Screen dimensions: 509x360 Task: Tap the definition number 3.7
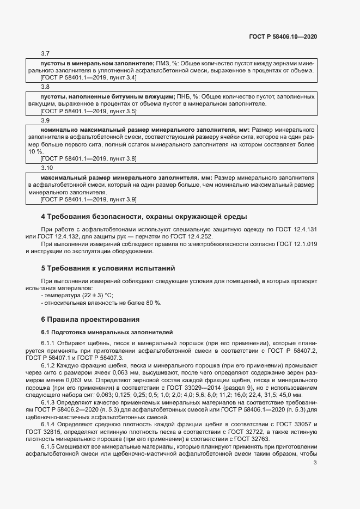(45, 53)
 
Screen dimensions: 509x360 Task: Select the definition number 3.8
(45, 87)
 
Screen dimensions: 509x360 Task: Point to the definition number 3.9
(45, 120)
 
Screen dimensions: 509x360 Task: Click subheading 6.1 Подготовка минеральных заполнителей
(107, 332)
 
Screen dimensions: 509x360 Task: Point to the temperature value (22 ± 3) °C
(90, 295)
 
